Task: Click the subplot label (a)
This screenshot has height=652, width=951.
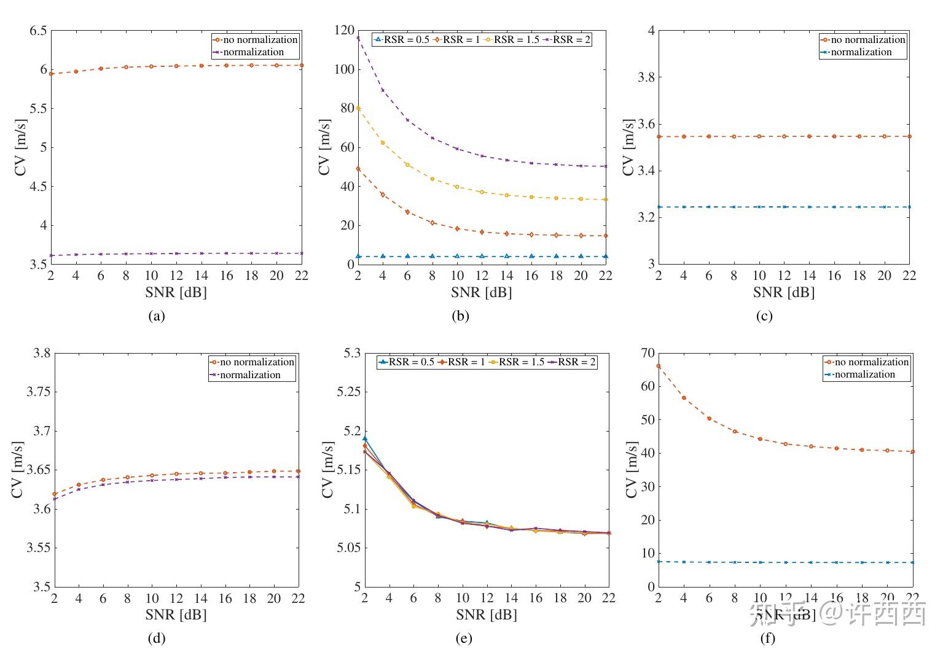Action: (x=157, y=316)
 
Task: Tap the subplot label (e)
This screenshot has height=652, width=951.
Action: (x=464, y=638)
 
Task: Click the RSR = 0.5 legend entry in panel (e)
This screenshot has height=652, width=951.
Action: (x=407, y=362)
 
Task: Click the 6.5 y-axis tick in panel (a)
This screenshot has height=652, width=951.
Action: (x=38, y=30)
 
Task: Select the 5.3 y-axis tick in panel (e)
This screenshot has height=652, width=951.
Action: (x=351, y=353)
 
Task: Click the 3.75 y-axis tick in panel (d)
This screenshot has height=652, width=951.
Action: (x=38, y=392)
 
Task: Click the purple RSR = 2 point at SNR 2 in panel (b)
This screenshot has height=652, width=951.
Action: (x=358, y=38)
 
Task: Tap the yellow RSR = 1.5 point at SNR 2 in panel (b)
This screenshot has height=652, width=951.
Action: (x=358, y=108)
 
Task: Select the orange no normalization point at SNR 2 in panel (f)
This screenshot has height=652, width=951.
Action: (x=659, y=366)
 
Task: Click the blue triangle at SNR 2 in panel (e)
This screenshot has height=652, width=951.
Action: (x=365, y=438)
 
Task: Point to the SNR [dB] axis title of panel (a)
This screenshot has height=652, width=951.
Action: (x=176, y=292)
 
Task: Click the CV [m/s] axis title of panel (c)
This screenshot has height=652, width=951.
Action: (x=628, y=147)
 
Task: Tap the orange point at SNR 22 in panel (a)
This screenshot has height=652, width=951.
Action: (x=301, y=65)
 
